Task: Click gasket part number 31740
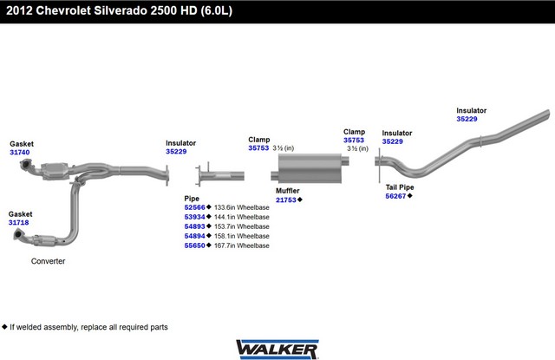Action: click(x=19, y=153)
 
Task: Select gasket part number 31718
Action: click(x=19, y=223)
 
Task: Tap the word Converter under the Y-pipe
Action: click(x=49, y=261)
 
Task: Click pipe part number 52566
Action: click(x=194, y=208)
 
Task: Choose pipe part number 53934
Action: click(x=194, y=218)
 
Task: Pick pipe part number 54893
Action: click(x=194, y=226)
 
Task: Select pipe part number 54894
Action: click(x=194, y=236)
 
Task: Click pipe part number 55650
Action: click(x=194, y=245)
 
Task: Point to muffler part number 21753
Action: click(x=286, y=200)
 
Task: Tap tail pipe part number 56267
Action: click(x=396, y=197)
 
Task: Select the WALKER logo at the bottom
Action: click(x=276, y=347)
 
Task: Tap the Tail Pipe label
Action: click(x=400, y=187)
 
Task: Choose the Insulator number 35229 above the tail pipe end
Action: click(x=467, y=120)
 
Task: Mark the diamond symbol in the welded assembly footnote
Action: click(x=4, y=327)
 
